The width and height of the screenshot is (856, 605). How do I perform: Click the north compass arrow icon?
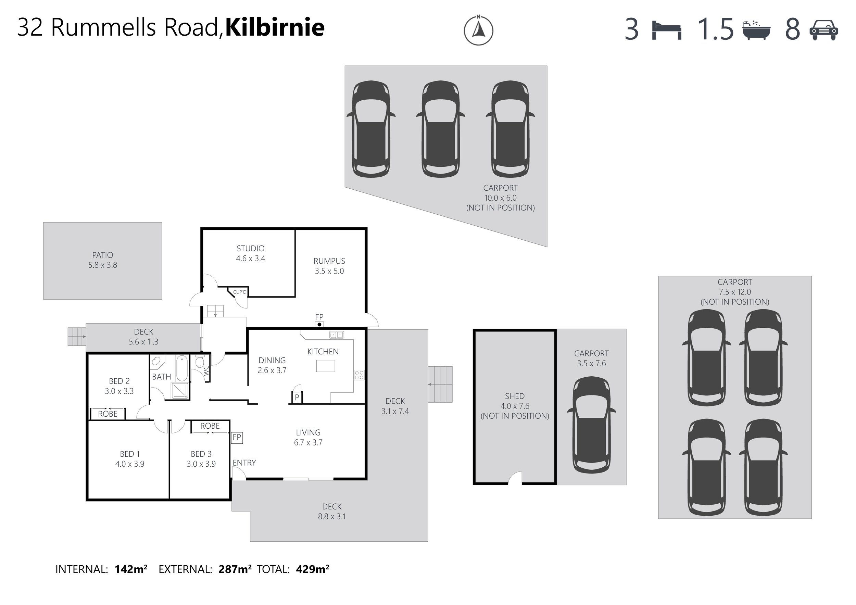[x=478, y=30]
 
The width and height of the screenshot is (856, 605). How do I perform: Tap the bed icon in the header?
[x=667, y=30]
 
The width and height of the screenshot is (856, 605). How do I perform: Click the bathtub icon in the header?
[x=756, y=30]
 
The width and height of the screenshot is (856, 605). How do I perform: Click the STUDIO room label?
[x=250, y=248]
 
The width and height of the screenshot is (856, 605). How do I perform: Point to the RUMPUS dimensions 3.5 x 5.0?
[x=329, y=271]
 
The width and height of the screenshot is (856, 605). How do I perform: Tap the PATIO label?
[x=102, y=255]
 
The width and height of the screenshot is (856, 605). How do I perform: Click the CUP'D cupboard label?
[x=240, y=292]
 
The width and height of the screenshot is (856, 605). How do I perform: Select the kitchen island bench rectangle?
[x=326, y=366]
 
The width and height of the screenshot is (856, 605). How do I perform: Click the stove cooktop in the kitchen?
[x=359, y=375]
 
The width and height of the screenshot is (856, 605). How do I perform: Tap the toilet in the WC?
[x=200, y=361]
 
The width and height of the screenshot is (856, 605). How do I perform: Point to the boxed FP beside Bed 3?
[x=237, y=437]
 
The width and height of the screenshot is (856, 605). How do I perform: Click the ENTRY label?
[x=244, y=463]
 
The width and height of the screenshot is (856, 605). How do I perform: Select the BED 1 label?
[x=129, y=454]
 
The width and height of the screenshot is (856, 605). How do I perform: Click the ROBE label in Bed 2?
[x=108, y=414]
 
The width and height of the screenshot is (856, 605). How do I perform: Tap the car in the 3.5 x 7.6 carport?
[x=591, y=425]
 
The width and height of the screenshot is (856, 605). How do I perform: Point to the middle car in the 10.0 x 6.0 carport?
[x=440, y=129]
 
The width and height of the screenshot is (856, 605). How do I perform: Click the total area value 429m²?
[x=312, y=569]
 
